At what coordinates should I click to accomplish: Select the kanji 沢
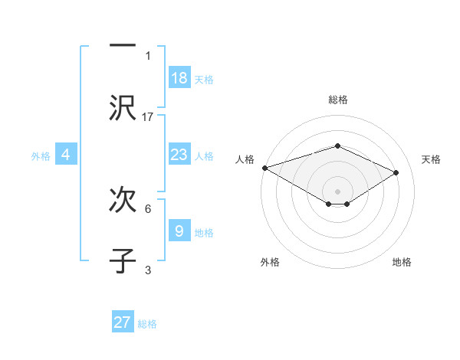[123, 108]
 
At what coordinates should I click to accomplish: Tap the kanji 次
[123, 200]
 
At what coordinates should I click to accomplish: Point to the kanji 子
[123, 260]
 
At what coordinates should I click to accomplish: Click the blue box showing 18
[179, 77]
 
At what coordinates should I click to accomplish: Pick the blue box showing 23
[179, 155]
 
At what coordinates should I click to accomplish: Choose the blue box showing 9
[179, 231]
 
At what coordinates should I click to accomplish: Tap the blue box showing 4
[66, 155]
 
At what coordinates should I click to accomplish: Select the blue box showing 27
[123, 322]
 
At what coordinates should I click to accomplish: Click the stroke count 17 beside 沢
[148, 117]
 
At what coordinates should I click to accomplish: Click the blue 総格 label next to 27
[147, 324]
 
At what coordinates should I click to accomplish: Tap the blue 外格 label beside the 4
[41, 156]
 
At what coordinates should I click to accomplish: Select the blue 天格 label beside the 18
[204, 79]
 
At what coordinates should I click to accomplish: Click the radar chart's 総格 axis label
[337, 100]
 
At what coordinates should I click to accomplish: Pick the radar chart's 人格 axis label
[245, 159]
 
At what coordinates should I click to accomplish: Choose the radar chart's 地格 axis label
[402, 262]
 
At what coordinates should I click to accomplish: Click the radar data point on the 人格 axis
[264, 168]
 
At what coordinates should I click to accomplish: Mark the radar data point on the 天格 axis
[396, 172]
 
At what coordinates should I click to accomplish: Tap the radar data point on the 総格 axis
[337, 146]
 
